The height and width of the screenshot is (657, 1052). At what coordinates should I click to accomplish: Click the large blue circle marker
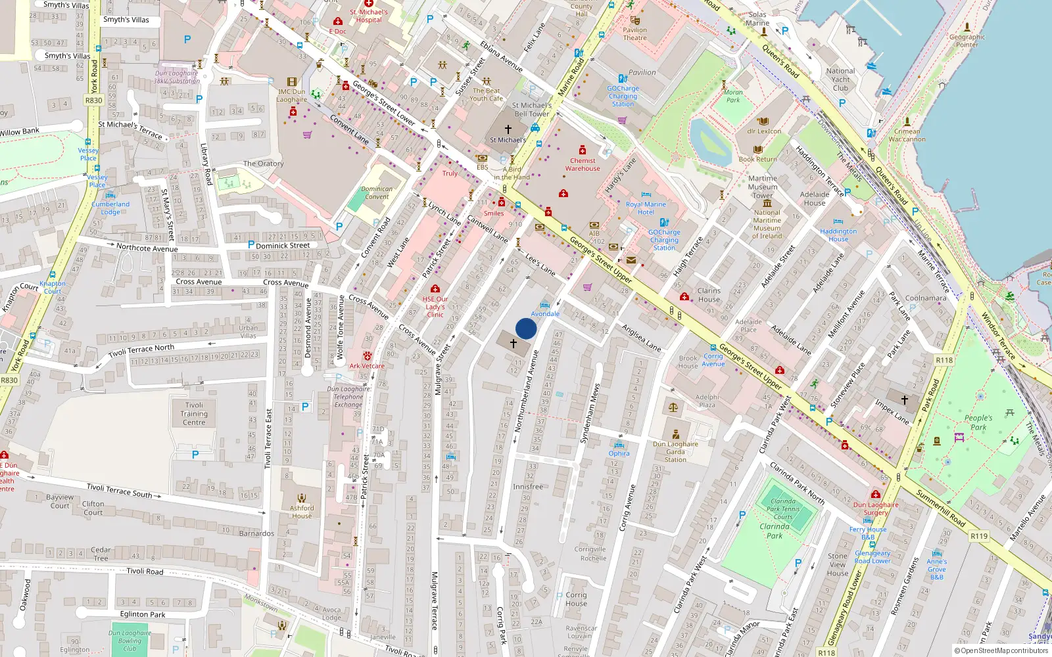click(526, 328)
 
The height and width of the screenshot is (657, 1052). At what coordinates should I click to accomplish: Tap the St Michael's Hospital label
click(369, 16)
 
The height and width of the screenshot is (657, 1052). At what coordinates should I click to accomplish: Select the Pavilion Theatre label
click(634, 34)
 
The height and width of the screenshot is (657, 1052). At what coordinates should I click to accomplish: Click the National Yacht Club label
click(840, 79)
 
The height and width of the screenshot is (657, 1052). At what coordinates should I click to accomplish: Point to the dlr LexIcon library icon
click(763, 122)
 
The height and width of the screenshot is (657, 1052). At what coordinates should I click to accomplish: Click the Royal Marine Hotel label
click(646, 208)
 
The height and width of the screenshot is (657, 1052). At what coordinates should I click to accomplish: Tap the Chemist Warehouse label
click(583, 164)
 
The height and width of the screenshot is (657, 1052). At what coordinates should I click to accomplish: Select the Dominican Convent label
click(377, 193)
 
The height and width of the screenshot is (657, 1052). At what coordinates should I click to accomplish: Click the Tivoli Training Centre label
click(194, 414)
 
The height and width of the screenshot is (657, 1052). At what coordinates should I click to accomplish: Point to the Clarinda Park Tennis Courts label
click(782, 509)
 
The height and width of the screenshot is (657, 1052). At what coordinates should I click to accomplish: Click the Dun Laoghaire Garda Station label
click(675, 451)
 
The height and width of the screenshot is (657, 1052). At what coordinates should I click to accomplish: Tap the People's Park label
click(978, 422)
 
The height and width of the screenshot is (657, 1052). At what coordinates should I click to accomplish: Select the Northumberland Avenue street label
click(527, 391)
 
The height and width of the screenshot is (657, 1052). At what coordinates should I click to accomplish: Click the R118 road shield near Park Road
click(944, 360)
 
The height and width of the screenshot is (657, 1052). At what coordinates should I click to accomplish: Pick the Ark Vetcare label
click(367, 366)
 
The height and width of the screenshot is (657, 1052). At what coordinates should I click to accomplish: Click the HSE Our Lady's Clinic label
click(435, 307)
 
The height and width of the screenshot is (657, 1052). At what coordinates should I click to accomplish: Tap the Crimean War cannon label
click(907, 135)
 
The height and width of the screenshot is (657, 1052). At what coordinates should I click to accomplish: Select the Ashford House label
click(302, 512)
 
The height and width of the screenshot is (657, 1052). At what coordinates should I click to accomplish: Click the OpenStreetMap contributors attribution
click(1002, 650)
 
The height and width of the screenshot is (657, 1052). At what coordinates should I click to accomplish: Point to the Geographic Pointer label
click(967, 41)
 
